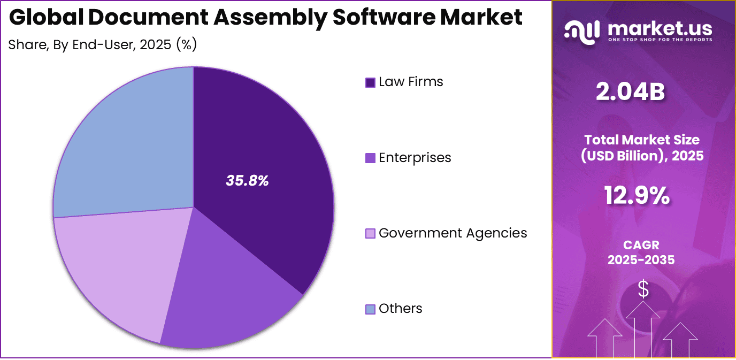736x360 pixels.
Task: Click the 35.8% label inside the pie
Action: pos(247,181)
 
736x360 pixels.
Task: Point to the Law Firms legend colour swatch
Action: pos(370,82)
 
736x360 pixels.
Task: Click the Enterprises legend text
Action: pos(415,158)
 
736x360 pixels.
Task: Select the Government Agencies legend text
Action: pos(453,233)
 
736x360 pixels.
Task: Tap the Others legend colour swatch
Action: pos(370,309)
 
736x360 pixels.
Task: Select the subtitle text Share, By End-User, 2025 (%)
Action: pos(103,45)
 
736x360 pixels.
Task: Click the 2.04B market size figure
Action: pos(631,92)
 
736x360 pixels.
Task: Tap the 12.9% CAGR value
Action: pos(637,195)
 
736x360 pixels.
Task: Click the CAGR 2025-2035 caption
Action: pos(641,252)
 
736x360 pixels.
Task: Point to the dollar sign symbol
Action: pos(643,289)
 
